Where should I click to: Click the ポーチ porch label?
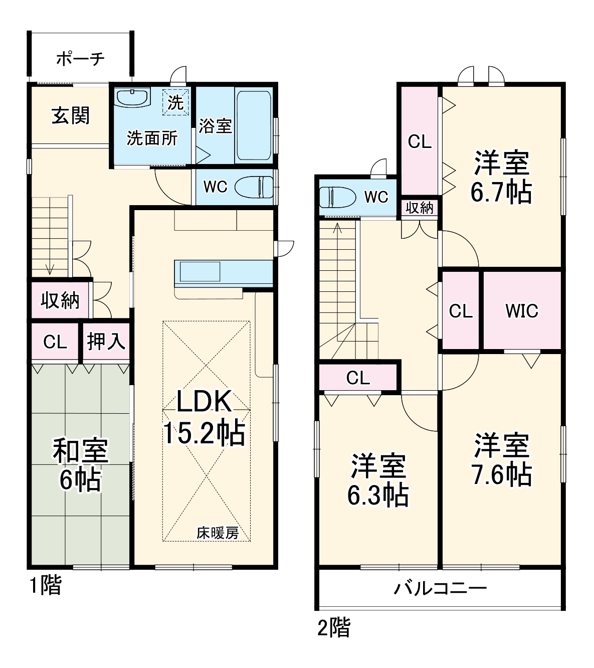tap(80, 59)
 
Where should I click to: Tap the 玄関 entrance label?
tap(71, 116)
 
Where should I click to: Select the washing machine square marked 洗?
tap(175, 102)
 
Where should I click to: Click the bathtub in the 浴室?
tap(254, 125)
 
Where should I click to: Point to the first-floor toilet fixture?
tap(253, 187)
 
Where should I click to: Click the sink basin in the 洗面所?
tap(132, 97)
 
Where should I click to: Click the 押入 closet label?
tap(106, 342)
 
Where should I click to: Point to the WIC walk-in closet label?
tap(521, 311)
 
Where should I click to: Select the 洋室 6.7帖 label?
tap(501, 177)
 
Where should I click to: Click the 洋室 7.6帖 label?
tap(502, 459)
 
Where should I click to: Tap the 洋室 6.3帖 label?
tap(377, 480)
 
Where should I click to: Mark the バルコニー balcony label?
tap(440, 588)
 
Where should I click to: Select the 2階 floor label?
tap(334, 627)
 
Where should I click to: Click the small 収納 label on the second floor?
tap(420, 208)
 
